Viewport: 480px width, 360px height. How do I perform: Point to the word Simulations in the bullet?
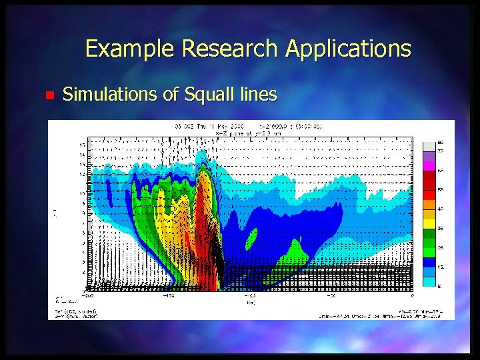110,95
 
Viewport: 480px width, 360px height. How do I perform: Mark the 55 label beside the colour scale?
441,190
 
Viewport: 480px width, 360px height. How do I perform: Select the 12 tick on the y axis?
82,174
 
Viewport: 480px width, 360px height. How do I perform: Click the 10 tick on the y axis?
82,193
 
